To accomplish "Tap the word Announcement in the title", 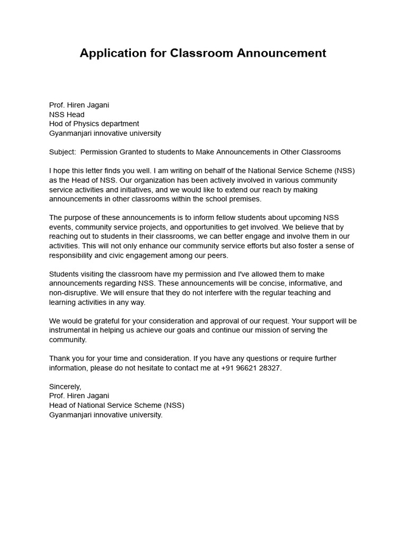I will [x=281, y=54].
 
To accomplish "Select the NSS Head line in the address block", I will [x=67, y=115].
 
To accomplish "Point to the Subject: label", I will [x=63, y=152].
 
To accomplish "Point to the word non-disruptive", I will [x=73, y=293].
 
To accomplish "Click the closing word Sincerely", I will [x=65, y=387].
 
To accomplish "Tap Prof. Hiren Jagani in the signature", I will [x=79, y=396].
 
